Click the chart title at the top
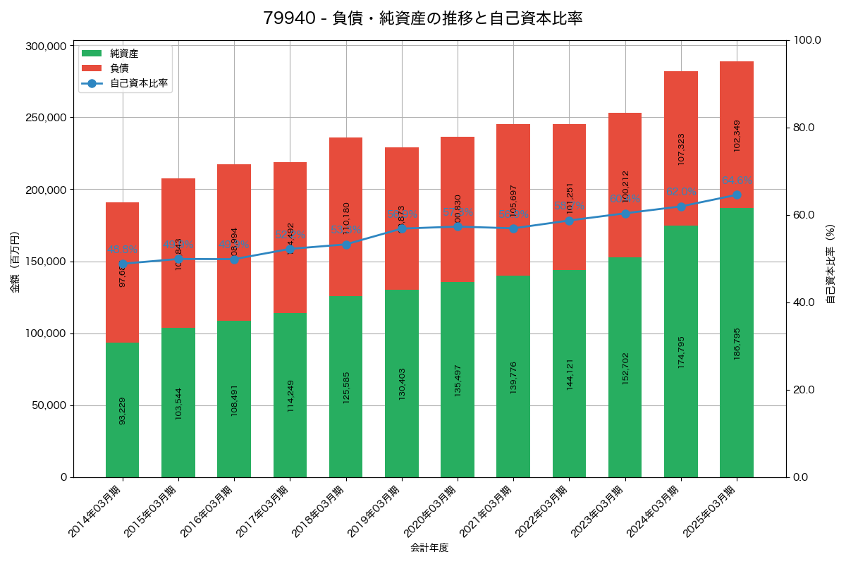coord(422,18)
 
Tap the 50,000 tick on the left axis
coord(48,405)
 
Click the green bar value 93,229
coord(123,410)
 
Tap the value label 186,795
coord(737,343)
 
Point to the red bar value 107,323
coord(681,149)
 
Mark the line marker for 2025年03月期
coord(737,195)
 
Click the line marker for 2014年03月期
coord(123,264)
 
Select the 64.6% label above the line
coord(737,180)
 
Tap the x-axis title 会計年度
coord(429,547)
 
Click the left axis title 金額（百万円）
coord(14,262)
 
